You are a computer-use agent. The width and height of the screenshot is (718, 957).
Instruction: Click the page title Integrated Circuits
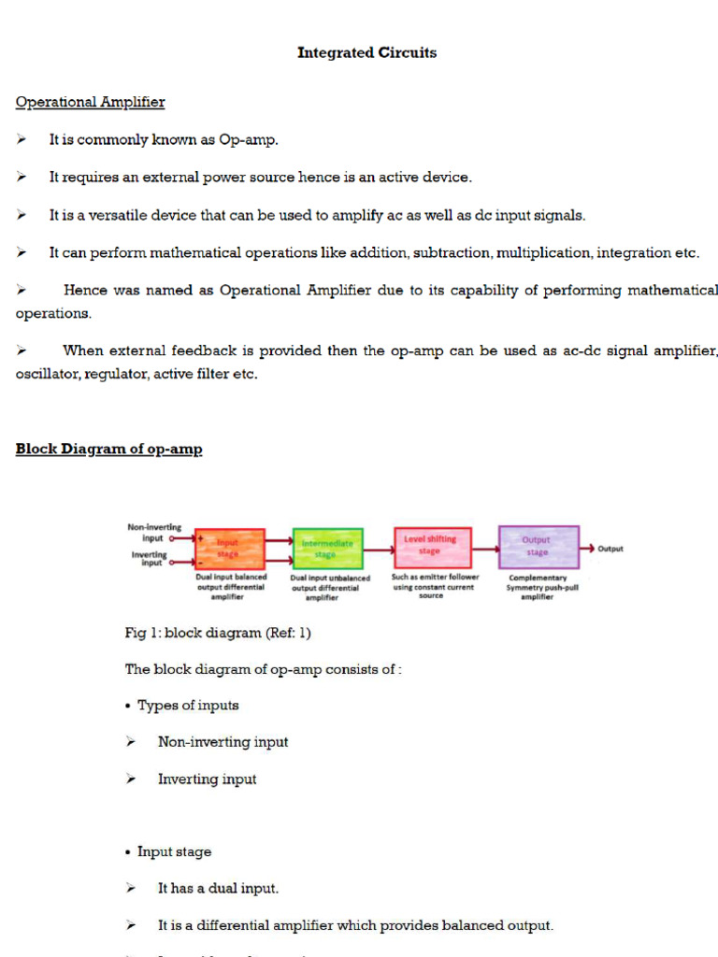[366, 53]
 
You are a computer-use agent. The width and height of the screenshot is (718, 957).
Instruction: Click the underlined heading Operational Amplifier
[90, 102]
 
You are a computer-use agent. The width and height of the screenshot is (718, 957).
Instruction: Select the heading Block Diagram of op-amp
[108, 450]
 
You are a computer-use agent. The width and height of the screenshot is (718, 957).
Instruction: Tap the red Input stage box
[229, 548]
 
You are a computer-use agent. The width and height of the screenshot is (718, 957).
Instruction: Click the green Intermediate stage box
[327, 549]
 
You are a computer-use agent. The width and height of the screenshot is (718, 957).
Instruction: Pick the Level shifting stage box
[432, 546]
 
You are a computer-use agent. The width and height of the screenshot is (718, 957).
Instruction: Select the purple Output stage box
[538, 547]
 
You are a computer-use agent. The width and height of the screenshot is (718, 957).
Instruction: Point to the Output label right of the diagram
[610, 549]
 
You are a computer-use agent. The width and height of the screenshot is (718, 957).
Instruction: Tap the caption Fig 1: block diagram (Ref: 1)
[218, 633]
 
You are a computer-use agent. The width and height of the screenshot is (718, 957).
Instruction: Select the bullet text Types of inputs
[188, 706]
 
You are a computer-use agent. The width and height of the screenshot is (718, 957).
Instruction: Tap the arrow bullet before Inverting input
[132, 779]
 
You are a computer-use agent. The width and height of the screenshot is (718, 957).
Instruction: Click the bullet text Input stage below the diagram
[174, 851]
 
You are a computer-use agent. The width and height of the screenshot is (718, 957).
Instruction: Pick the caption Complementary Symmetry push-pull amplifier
[538, 587]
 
